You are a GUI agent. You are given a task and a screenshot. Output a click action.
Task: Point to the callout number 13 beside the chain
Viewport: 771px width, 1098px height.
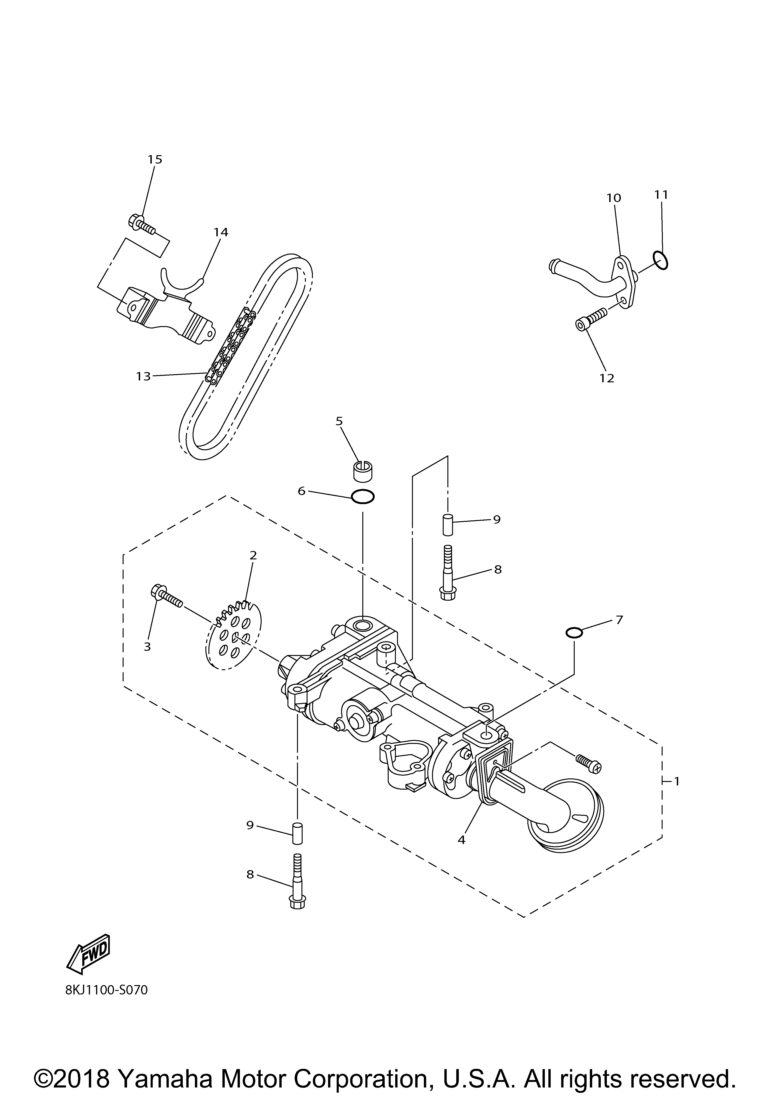[143, 376]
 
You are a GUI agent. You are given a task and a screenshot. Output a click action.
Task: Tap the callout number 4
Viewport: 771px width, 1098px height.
[461, 839]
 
